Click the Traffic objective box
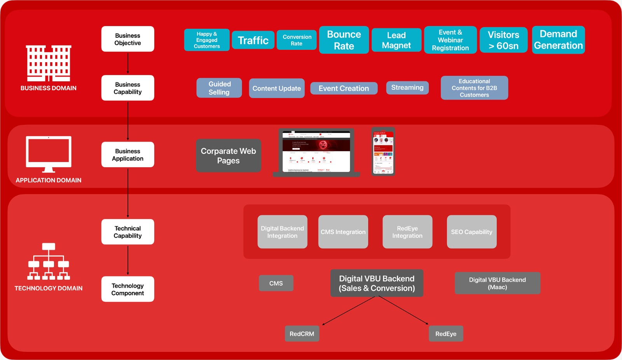253,40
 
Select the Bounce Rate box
344,40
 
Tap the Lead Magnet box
396,40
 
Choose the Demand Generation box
558,40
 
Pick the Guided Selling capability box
219,88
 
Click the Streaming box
407,87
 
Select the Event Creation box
344,88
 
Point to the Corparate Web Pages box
228,156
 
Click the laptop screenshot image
316,152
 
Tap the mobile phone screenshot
383,152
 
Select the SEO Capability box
472,232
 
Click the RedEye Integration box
407,232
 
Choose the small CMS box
276,283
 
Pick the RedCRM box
302,334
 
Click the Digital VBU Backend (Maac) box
497,283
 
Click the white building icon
49,63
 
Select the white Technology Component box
128,289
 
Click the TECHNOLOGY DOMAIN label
49,288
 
